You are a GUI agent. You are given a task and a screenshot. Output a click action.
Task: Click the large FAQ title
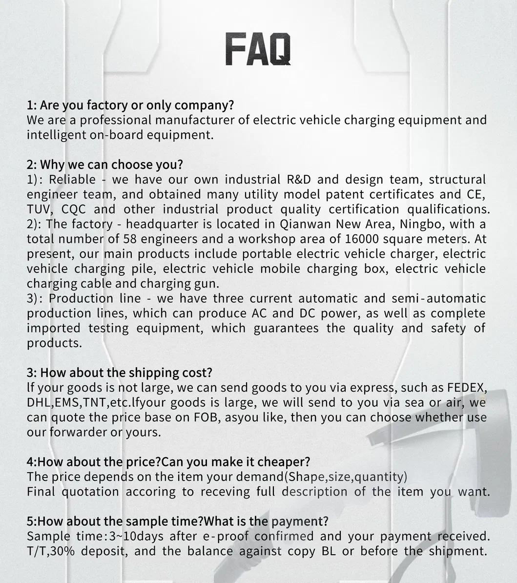tap(258, 49)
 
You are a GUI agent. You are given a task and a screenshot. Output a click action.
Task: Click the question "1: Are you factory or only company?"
tap(130, 105)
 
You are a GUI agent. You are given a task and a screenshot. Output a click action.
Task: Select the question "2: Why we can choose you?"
tap(104, 165)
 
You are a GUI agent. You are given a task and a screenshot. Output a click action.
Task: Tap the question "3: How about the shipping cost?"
tap(119, 373)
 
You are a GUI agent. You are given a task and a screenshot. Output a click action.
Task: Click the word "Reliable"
tap(72, 180)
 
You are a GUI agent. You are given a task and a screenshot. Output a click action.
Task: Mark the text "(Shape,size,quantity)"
tap(345, 477)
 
